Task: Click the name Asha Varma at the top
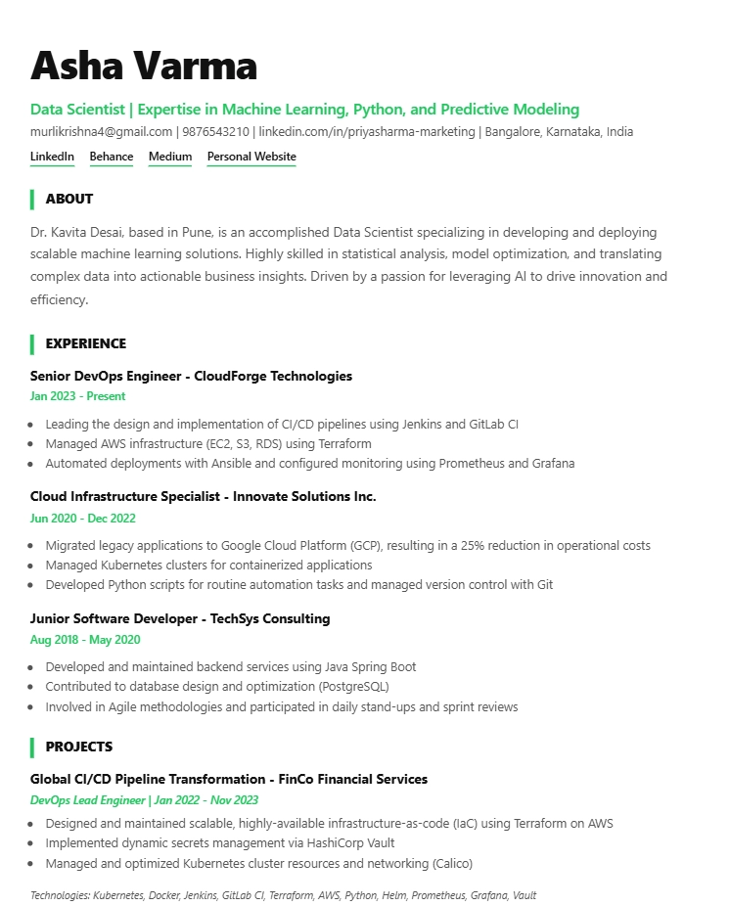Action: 144,66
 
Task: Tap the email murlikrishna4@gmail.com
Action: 101,132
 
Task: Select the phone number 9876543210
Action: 214,132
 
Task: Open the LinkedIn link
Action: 52,157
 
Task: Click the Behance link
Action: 112,157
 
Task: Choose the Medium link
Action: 170,157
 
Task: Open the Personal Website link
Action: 251,157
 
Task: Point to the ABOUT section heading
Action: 69,199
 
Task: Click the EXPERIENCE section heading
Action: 86,343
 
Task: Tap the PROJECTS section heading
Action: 79,747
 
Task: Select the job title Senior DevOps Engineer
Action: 107,376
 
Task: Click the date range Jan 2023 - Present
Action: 77,396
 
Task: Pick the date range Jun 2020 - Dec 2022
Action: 82,519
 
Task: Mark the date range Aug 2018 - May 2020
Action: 85,640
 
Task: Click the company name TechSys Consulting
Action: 270,618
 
